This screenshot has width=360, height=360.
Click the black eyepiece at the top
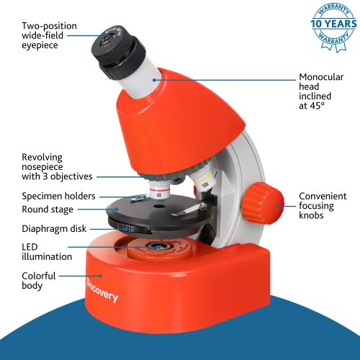click(117, 53)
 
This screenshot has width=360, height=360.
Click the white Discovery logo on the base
click(102, 290)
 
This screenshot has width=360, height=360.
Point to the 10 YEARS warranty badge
click(333, 27)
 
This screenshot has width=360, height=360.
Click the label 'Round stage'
click(48, 210)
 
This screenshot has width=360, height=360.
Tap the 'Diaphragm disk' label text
click(54, 229)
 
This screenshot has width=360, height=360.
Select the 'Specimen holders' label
click(58, 196)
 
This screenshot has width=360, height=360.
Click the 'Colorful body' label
click(39, 281)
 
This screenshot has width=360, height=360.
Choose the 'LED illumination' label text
click(47, 252)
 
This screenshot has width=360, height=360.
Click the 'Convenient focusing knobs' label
click(323, 206)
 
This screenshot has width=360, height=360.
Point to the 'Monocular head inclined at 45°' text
click(321, 91)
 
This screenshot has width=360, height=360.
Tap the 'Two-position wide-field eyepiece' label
click(49, 35)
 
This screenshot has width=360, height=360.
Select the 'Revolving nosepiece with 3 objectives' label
click(57, 167)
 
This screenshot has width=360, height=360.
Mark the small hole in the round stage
click(158, 206)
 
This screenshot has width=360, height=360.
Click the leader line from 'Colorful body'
click(81, 276)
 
